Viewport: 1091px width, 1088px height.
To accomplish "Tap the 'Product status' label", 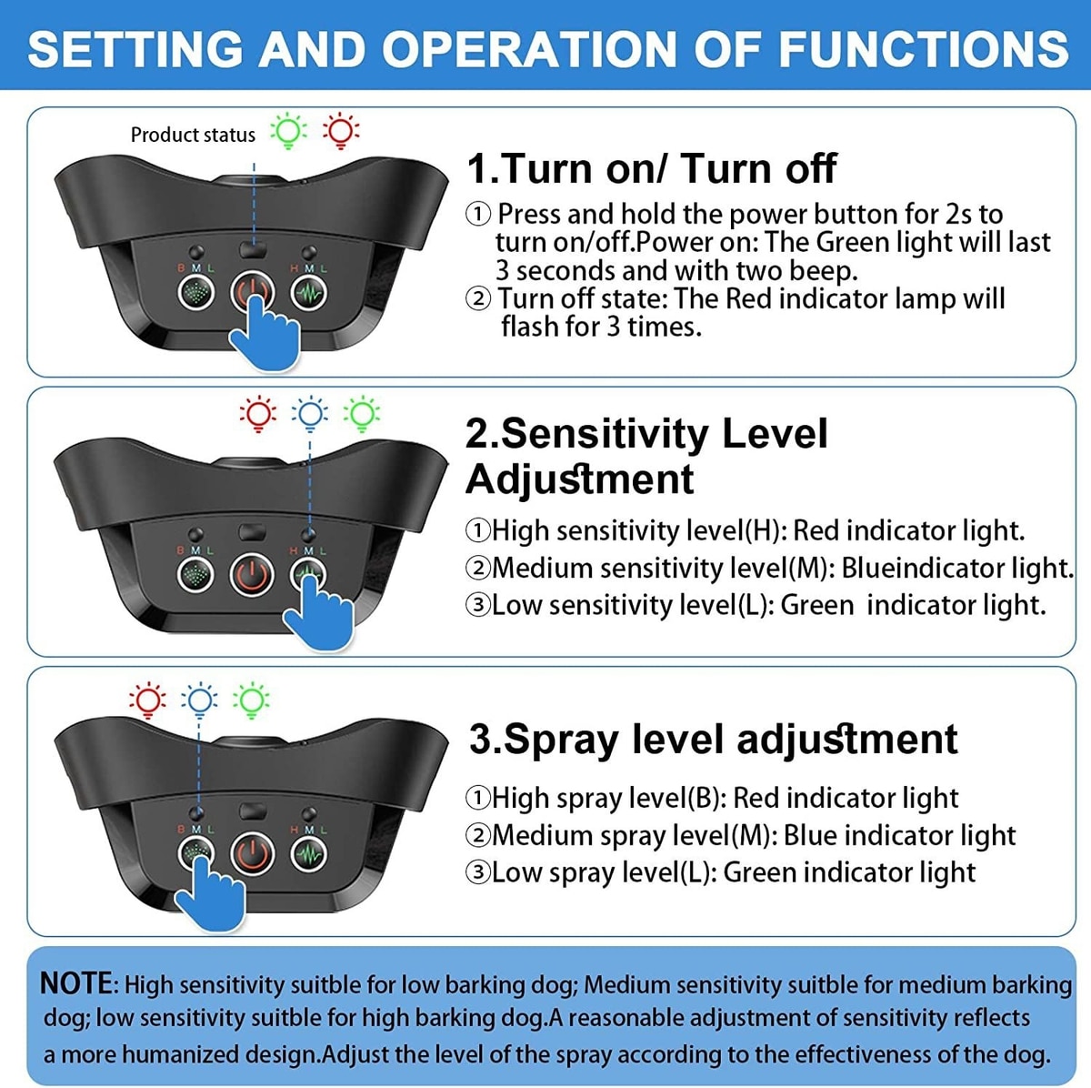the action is (193, 135).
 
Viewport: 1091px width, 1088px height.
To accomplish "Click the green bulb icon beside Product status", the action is (288, 131).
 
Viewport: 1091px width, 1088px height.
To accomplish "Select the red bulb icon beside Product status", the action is (341, 131).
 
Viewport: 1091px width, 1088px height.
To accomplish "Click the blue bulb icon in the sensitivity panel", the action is (310, 414).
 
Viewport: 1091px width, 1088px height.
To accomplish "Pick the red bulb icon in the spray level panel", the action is (148, 700).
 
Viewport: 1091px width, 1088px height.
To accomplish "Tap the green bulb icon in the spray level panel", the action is (251, 700).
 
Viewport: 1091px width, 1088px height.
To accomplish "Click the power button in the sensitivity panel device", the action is (252, 575).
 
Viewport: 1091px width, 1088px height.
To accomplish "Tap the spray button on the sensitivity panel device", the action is (195, 575).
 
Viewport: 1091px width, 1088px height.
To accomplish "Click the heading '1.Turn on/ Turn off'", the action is (652, 169).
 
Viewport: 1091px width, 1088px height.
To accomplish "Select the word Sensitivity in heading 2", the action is (604, 435).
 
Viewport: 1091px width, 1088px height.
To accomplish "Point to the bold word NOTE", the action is (77, 983).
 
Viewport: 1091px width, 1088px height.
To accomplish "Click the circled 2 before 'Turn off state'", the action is (478, 298).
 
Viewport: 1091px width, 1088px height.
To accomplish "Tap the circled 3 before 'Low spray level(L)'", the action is (477, 872).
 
